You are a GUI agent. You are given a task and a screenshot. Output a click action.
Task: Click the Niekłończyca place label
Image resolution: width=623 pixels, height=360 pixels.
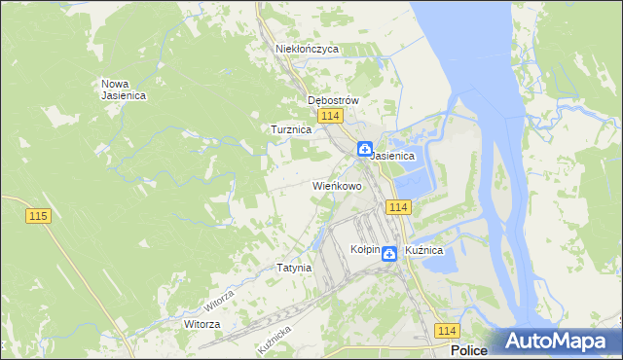(307, 48)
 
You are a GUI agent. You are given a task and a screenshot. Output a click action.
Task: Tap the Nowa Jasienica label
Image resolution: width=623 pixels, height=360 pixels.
(123, 89)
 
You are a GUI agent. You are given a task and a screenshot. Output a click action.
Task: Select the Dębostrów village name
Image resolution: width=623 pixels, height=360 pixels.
(334, 100)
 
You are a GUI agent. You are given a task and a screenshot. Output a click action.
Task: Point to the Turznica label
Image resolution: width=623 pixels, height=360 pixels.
(290, 128)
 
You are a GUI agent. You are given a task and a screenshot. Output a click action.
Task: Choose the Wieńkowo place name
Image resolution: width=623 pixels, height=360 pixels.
(337, 185)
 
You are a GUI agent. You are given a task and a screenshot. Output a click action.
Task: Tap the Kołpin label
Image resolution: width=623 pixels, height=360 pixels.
(364, 250)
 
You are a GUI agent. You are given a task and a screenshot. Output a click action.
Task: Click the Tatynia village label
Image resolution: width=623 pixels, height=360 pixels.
(293, 267)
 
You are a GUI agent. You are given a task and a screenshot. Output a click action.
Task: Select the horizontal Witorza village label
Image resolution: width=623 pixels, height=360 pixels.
(202, 323)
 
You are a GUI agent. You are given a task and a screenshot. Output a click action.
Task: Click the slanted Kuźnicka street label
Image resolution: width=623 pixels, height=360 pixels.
(275, 340)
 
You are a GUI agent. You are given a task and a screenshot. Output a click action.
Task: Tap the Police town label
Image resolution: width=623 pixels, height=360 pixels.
(469, 350)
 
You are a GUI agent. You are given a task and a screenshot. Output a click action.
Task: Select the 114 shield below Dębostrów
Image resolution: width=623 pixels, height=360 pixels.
(330, 116)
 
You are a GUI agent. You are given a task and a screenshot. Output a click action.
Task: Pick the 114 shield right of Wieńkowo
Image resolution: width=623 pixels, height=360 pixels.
(397, 207)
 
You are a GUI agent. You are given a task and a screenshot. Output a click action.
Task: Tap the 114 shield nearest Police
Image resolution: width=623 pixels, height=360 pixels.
(447, 331)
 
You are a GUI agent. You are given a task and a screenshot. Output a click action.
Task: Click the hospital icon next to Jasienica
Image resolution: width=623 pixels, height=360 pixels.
(364, 150)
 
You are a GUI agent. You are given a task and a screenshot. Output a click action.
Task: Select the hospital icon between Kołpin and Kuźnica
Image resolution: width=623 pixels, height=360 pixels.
(388, 254)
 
